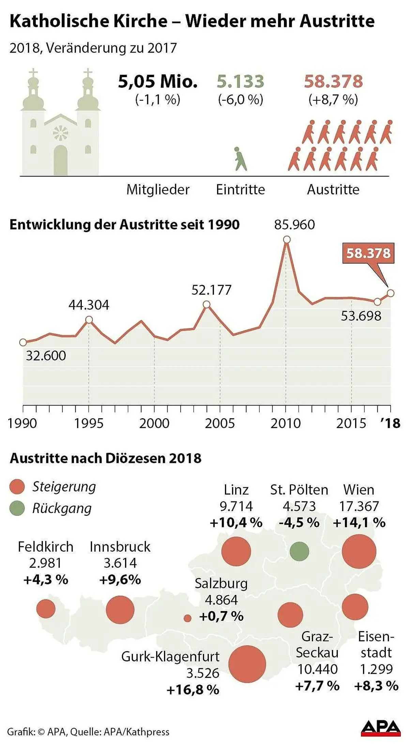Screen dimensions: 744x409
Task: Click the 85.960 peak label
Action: coord(294,225)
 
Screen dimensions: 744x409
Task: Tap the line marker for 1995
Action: coord(89,320)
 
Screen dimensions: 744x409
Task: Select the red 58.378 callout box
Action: coord(368,253)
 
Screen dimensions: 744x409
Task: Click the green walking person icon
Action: coord(240,159)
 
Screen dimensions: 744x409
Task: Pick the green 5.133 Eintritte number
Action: coord(240,82)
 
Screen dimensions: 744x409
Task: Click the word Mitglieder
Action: coord(158,190)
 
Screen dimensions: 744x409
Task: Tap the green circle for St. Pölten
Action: coord(299,551)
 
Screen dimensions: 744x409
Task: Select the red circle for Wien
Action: coord(359,551)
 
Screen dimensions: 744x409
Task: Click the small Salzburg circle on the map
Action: coord(187,618)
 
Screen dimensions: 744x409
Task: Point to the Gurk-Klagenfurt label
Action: coord(170,656)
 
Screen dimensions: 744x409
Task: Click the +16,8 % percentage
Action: coord(193,690)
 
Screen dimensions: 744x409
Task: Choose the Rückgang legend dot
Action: coord(17,508)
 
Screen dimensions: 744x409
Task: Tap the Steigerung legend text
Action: coord(64,486)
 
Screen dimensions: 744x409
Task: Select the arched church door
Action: coord(61,160)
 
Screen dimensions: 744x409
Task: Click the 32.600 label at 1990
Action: coord(46,356)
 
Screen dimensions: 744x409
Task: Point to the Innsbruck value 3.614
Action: coord(120,563)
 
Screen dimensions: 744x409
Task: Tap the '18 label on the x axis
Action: coord(390,423)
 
